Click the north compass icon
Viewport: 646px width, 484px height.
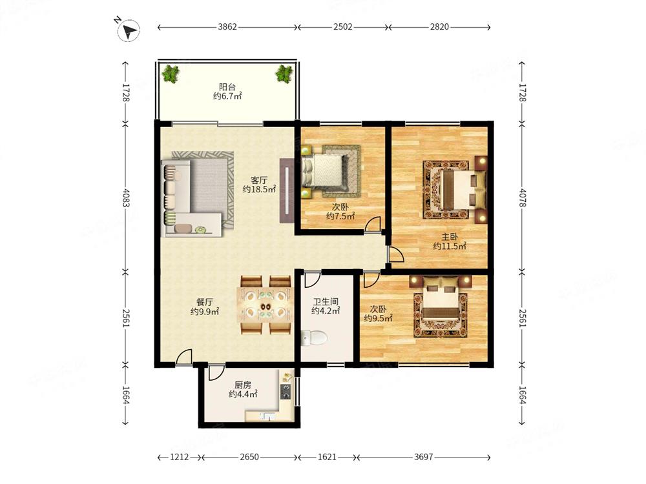[x=128, y=30]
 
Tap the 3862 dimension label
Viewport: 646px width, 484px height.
[x=227, y=26]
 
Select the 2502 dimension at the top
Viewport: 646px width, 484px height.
[x=343, y=26]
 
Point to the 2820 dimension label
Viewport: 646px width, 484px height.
[x=439, y=26]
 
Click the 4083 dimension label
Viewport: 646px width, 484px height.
[x=126, y=197]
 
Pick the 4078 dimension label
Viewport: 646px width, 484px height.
[x=523, y=197]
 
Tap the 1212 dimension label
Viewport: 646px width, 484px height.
[x=180, y=457]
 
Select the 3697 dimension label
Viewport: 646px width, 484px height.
[x=424, y=457]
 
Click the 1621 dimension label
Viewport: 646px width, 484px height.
[x=327, y=457]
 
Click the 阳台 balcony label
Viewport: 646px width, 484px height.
[x=227, y=87]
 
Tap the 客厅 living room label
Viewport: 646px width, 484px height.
[x=259, y=180]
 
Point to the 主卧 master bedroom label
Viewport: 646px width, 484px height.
[x=450, y=237]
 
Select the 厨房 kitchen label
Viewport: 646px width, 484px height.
[x=243, y=385]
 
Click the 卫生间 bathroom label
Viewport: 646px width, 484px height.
[x=326, y=301]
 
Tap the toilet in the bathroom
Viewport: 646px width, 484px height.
[x=315, y=338]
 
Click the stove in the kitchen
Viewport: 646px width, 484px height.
[x=286, y=392]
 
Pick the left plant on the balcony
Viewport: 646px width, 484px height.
[x=171, y=74]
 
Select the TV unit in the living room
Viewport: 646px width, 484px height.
[x=287, y=190]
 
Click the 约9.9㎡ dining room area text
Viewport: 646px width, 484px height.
[x=205, y=312]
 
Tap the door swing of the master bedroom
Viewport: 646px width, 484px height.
[x=396, y=255]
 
